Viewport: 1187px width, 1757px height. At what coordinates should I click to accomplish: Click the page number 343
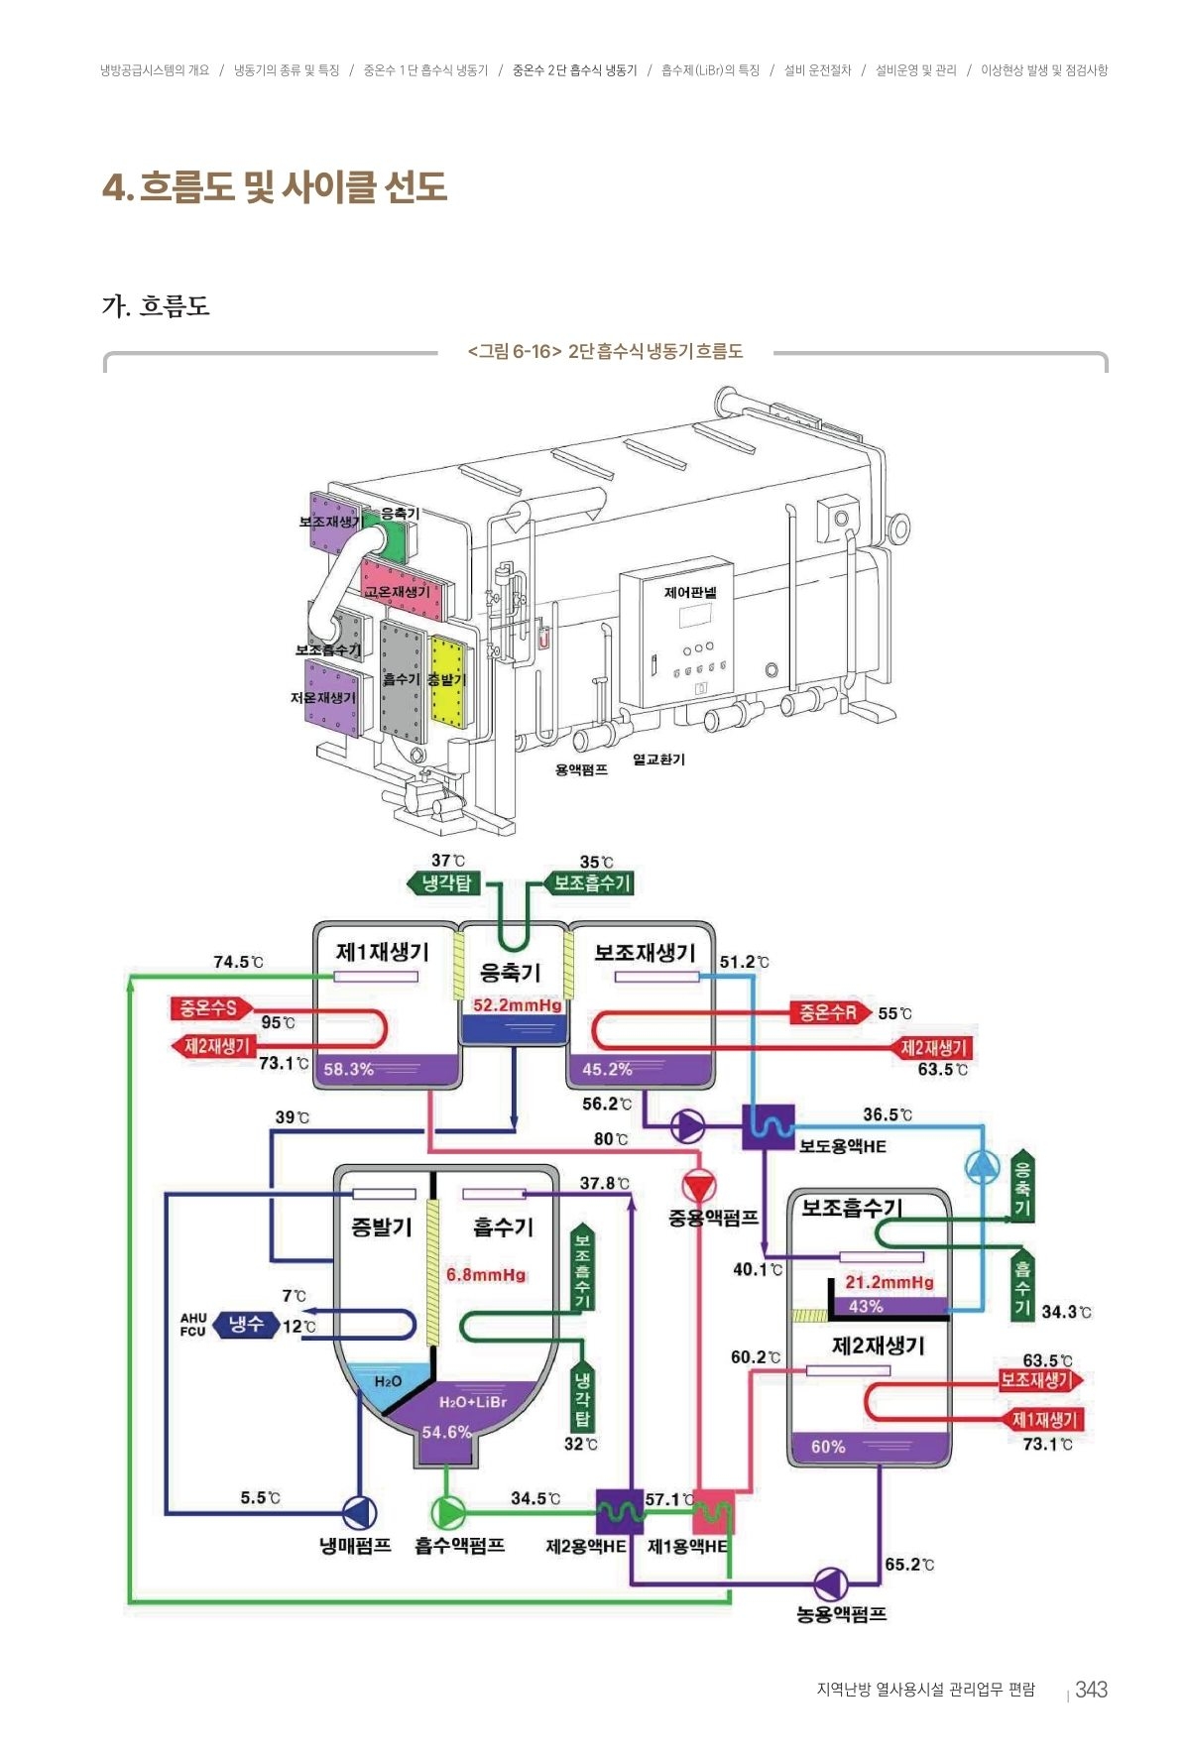(1091, 1690)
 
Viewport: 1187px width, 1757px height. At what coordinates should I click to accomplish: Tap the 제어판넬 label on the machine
(690, 592)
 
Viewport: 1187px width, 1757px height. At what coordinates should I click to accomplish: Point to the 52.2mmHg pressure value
(517, 1005)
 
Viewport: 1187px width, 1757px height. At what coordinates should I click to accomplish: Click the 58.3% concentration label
(348, 1069)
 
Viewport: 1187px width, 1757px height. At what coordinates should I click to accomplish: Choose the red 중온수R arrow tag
(829, 1012)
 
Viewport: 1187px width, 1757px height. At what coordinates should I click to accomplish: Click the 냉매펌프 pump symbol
(359, 1513)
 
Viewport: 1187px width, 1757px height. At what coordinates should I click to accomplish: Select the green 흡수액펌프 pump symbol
(447, 1513)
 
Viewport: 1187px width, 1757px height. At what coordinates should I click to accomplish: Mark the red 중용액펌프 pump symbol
(699, 1186)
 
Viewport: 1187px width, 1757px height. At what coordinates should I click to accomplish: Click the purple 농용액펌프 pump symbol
(830, 1584)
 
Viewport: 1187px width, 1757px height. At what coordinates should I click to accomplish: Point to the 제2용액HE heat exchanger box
(619, 1512)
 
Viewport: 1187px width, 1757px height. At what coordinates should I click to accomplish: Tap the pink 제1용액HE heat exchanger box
(713, 1512)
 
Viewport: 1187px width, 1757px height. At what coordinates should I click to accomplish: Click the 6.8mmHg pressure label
(486, 1275)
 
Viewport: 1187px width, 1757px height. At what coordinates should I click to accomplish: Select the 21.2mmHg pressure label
(889, 1282)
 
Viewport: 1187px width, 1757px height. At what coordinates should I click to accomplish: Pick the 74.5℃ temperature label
(238, 962)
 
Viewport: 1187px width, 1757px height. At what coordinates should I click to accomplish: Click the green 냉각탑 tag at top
(445, 882)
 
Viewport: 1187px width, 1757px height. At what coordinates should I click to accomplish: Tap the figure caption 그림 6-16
(605, 351)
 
